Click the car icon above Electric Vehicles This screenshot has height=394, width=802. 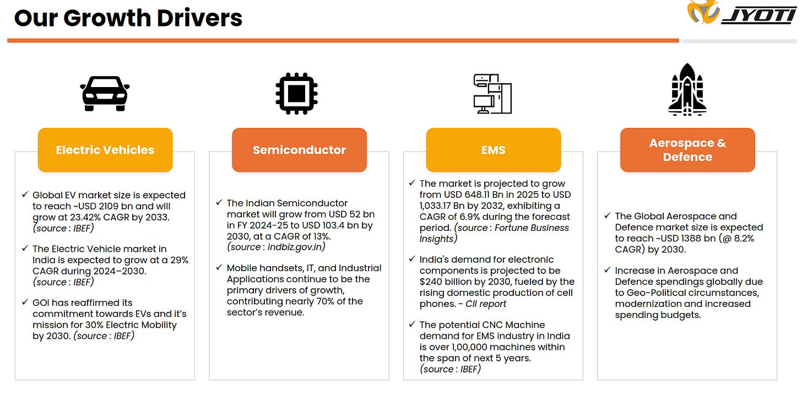pos(105,93)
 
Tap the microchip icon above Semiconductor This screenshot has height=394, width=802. pos(296,93)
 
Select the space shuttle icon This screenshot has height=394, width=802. pos(687,90)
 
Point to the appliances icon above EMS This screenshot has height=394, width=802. pos(492,94)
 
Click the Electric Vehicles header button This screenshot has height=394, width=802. pos(105,150)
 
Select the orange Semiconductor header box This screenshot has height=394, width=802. pos(299,150)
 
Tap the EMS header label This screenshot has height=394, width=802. pos(493,150)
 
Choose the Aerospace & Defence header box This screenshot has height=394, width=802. pos(687,150)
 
